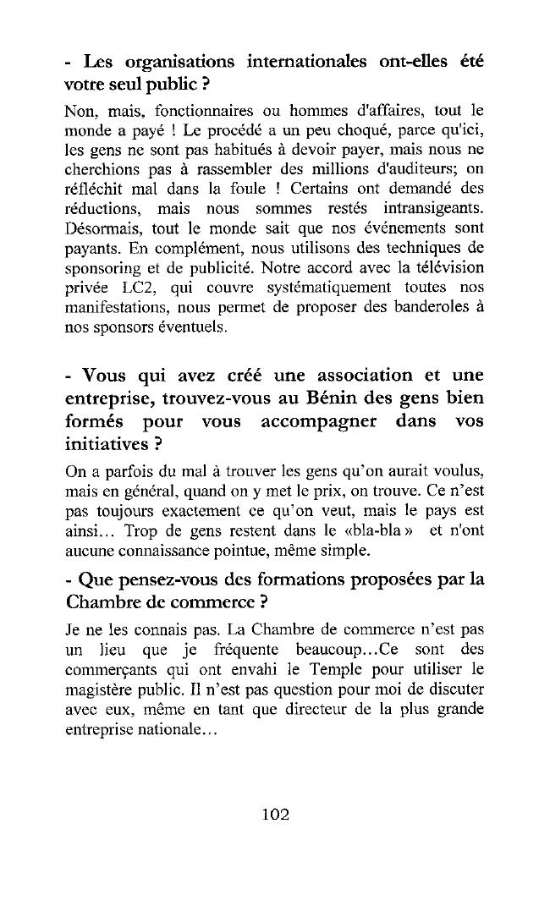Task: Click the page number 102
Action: [276, 815]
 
